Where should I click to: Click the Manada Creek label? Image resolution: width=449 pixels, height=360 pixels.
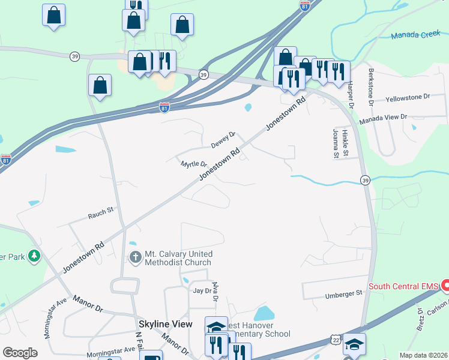pyautogui.click(x=415, y=35)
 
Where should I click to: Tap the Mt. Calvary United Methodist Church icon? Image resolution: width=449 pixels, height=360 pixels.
pyautogui.click(x=136, y=258)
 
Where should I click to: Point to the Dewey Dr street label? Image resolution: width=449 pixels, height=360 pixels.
pyautogui.click(x=223, y=141)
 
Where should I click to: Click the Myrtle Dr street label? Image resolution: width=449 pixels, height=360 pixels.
pyautogui.click(x=194, y=164)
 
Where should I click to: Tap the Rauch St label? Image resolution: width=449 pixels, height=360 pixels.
pyautogui.click(x=101, y=212)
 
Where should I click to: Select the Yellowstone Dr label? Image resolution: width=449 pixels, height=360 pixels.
pyautogui.click(x=408, y=97)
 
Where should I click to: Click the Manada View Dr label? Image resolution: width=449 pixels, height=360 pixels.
pyautogui.click(x=383, y=119)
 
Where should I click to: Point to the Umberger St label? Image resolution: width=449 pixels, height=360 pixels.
pyautogui.click(x=345, y=293)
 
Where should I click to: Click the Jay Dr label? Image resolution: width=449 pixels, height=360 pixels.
pyautogui.click(x=203, y=290)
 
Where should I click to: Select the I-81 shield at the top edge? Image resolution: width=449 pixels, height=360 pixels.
pyautogui.click(x=305, y=5)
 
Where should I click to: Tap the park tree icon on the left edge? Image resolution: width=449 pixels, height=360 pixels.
pyautogui.click(x=34, y=256)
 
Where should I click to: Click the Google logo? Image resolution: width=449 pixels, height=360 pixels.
pyautogui.click(x=20, y=353)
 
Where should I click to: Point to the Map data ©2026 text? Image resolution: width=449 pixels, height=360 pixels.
pyautogui.click(x=423, y=355)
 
